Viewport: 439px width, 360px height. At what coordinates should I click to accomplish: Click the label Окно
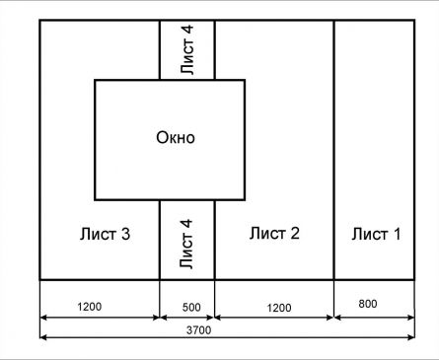(x=176, y=137)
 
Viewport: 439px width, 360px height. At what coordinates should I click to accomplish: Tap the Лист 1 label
(x=376, y=234)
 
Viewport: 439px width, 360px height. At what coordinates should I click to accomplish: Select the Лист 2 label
(x=274, y=233)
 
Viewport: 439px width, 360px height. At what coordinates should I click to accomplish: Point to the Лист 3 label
(x=105, y=234)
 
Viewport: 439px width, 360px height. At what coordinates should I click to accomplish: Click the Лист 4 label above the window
(x=186, y=49)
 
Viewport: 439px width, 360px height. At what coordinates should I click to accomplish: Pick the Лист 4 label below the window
(x=185, y=244)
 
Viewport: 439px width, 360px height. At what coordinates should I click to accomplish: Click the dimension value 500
(x=191, y=308)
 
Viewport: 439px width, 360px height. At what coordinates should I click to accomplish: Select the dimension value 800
(x=368, y=304)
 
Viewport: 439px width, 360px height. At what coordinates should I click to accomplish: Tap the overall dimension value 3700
(x=198, y=330)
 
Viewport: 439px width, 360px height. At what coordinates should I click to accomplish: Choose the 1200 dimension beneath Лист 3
(x=90, y=307)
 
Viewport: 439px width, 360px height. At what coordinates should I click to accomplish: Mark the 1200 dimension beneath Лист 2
(x=279, y=308)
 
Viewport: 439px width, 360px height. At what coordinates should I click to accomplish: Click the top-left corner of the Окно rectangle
(x=95, y=80)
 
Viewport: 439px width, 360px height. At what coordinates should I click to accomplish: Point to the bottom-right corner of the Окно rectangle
(x=245, y=199)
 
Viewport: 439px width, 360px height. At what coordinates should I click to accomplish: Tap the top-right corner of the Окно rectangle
(x=245, y=80)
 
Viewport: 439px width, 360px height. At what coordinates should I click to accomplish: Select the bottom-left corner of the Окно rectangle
(x=95, y=199)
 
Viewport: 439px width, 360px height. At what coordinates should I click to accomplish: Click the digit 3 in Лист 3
(x=125, y=234)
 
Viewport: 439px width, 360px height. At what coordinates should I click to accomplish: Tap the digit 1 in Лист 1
(x=397, y=234)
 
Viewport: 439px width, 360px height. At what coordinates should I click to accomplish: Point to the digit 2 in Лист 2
(x=295, y=233)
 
